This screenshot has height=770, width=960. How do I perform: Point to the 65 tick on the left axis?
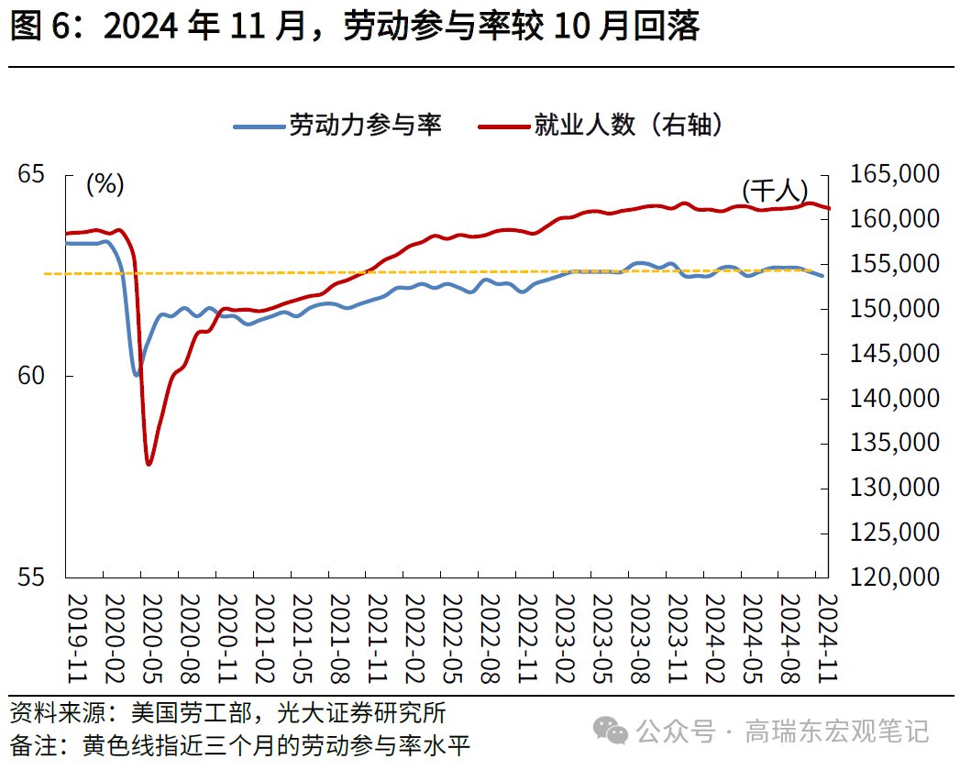31,173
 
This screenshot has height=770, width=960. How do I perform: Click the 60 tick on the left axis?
31,376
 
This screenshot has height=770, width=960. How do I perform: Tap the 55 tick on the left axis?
31,577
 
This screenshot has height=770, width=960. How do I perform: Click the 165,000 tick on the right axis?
894,174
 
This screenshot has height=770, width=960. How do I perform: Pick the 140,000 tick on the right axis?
894,398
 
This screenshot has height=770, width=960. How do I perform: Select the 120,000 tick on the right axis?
894,577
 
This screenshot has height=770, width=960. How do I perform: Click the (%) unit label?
105,184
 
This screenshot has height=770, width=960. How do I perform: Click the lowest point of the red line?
149,464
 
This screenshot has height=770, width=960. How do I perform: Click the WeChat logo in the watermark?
612,731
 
